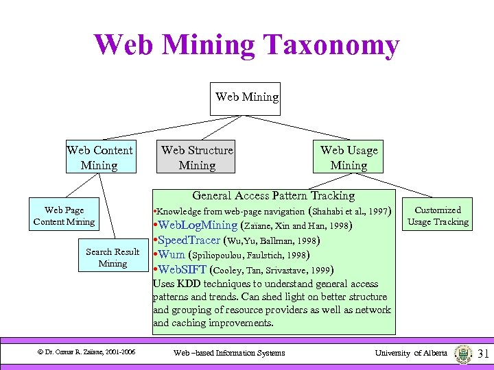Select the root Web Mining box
pos(247,97)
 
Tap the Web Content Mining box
pos(99,158)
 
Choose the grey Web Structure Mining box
pos(197,158)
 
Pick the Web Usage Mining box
pos(349,158)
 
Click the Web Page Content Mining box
pos(64,216)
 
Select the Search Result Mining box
pos(113,257)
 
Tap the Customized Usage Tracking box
pos(438,216)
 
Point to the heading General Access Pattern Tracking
pos(273,196)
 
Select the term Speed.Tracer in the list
pos(189,241)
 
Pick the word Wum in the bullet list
pos(172,255)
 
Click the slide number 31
pos(482,354)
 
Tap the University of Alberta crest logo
pos(463,354)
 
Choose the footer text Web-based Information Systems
pos(228,353)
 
